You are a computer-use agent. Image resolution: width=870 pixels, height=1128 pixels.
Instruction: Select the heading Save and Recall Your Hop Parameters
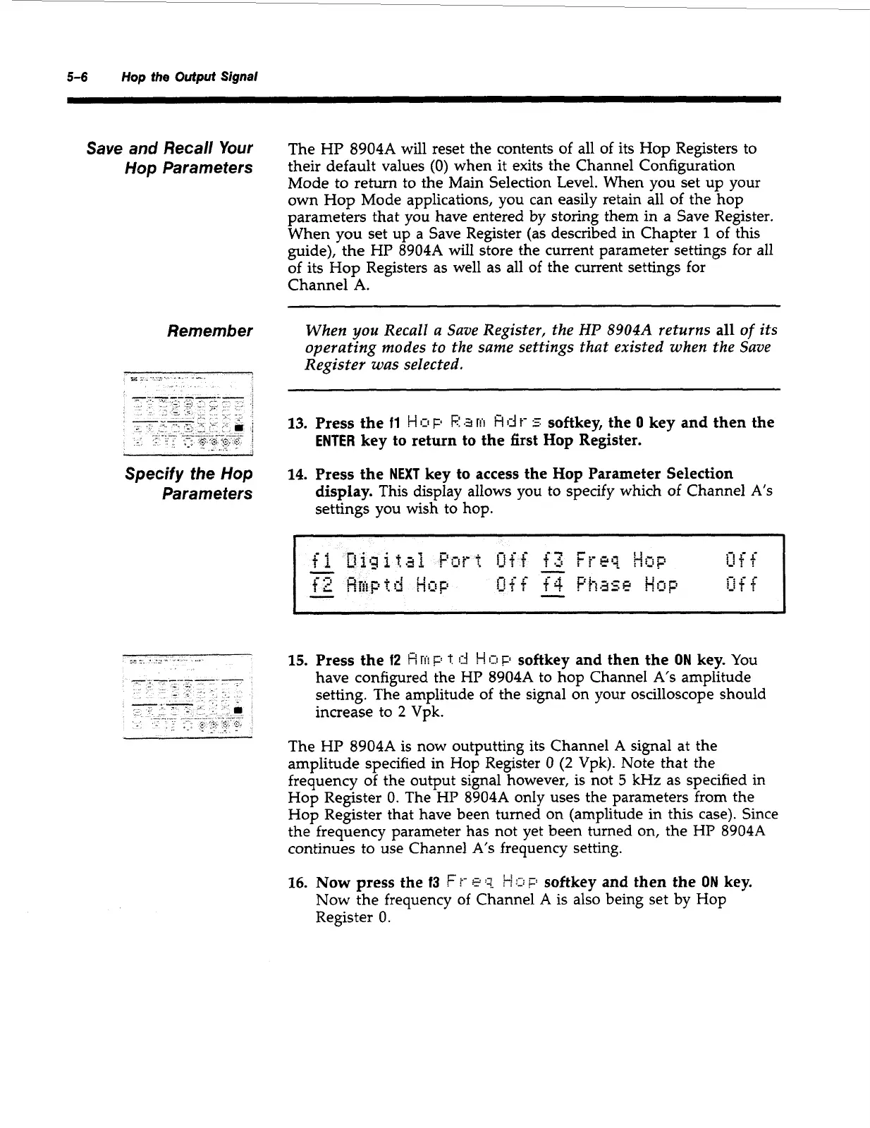pos(169,158)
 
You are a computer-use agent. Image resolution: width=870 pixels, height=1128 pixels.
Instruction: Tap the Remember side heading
pos(209,331)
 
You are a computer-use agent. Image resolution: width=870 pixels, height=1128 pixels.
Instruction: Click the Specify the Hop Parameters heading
pos(188,483)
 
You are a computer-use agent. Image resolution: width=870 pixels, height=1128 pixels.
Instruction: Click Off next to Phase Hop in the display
pos(741,586)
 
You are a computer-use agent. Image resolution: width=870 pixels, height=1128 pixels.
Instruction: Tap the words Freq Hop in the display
pos(620,561)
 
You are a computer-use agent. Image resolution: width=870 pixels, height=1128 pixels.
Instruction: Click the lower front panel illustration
pos(188,695)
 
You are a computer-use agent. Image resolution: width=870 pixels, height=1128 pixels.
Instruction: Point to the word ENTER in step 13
pos(336,441)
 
